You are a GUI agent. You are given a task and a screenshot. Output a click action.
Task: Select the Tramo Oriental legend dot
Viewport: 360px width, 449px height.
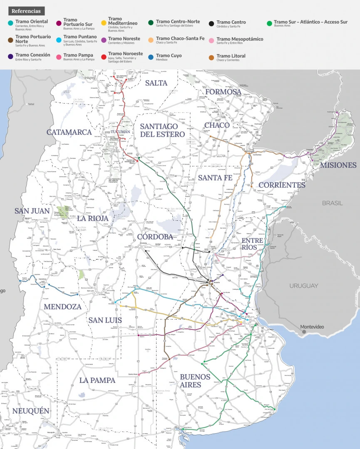coord(10,22)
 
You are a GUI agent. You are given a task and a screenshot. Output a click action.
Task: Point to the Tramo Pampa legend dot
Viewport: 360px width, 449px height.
coord(59,55)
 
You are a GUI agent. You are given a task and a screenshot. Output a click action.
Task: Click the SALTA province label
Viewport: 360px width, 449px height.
coord(156,83)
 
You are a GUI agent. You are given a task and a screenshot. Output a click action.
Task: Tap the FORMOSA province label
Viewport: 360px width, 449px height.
coord(223,91)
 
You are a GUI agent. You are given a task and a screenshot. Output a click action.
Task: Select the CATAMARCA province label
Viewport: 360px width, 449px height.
coord(69,132)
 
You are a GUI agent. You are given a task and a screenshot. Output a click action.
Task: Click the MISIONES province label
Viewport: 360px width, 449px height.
coord(338,165)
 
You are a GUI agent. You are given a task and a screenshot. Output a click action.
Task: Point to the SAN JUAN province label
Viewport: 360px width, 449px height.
coord(32,211)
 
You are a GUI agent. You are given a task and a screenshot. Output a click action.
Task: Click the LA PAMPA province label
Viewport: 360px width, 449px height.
coord(97,380)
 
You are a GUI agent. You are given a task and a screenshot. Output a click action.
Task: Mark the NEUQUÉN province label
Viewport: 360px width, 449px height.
coord(31,411)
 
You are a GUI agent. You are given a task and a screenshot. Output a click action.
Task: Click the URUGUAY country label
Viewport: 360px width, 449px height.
coord(304,286)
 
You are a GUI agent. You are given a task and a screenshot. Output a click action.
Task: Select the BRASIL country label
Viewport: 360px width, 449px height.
coord(332,203)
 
